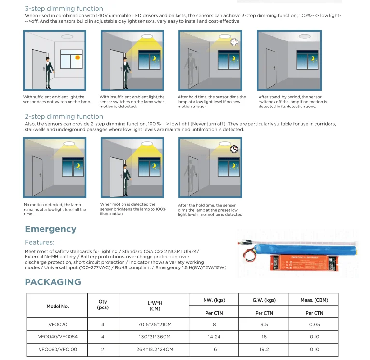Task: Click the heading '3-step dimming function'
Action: click(x=64, y=8)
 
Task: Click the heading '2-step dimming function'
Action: click(x=64, y=117)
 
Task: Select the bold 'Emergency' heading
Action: click(x=51, y=229)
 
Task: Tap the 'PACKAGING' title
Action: click(x=53, y=282)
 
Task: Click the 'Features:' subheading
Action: click(x=40, y=242)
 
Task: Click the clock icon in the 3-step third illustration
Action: click(x=234, y=42)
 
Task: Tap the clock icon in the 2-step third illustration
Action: click(x=234, y=149)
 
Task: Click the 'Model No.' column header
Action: click(x=58, y=307)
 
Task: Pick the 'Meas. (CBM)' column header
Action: click(x=314, y=300)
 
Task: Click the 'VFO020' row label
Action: click(x=58, y=324)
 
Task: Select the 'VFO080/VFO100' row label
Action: click(x=58, y=349)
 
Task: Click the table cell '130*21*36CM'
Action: click(x=154, y=337)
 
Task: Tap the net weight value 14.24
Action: click(x=214, y=337)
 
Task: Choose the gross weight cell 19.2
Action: click(x=264, y=349)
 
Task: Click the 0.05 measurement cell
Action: click(x=314, y=324)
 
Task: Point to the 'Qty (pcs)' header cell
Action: click(x=103, y=305)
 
